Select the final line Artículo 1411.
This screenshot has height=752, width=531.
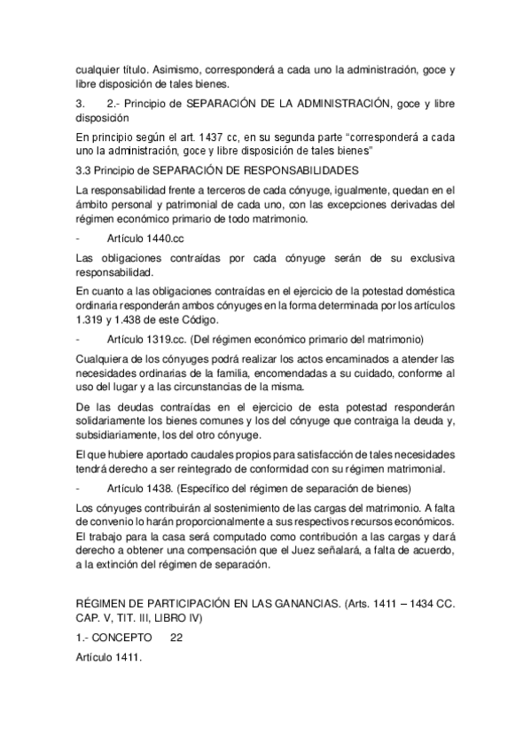[109, 659]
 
